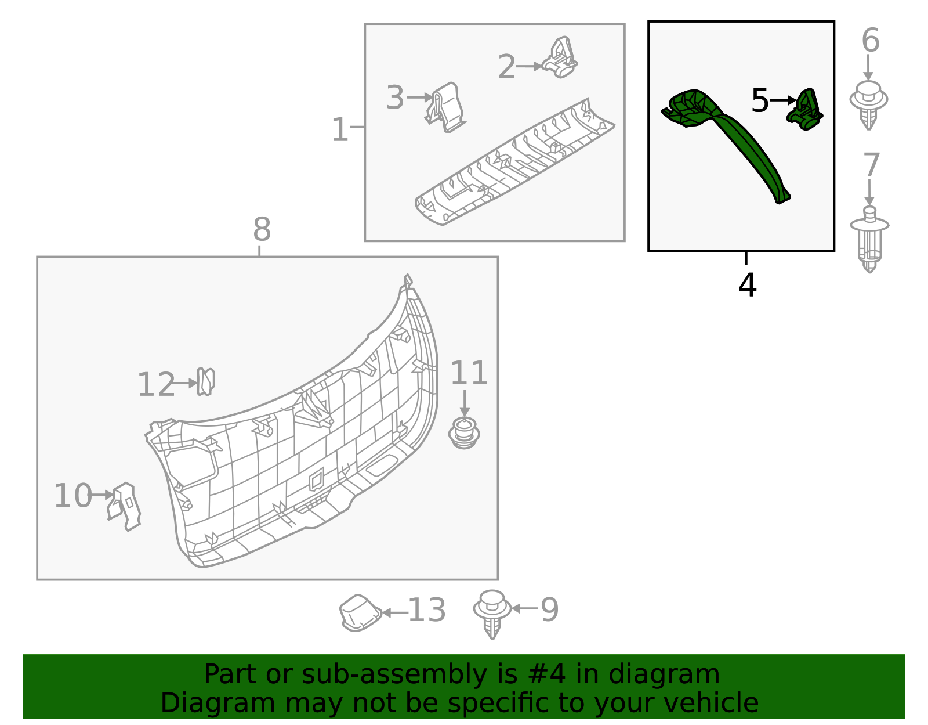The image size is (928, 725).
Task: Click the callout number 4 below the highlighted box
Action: click(x=748, y=286)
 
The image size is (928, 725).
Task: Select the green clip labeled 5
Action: click(x=805, y=110)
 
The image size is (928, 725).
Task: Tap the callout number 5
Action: click(x=759, y=101)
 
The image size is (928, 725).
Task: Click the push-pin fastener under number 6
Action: click(x=869, y=104)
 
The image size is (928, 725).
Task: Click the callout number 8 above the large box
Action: click(x=262, y=230)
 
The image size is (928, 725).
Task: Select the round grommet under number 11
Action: click(x=464, y=434)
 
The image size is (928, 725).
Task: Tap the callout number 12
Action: click(x=155, y=385)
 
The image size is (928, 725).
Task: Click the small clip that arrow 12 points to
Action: click(x=205, y=382)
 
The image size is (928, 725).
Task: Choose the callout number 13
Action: click(x=427, y=611)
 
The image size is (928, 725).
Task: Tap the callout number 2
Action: click(x=506, y=67)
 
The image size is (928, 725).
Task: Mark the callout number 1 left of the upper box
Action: click(x=339, y=130)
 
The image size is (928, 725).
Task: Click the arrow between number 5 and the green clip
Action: click(x=784, y=100)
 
